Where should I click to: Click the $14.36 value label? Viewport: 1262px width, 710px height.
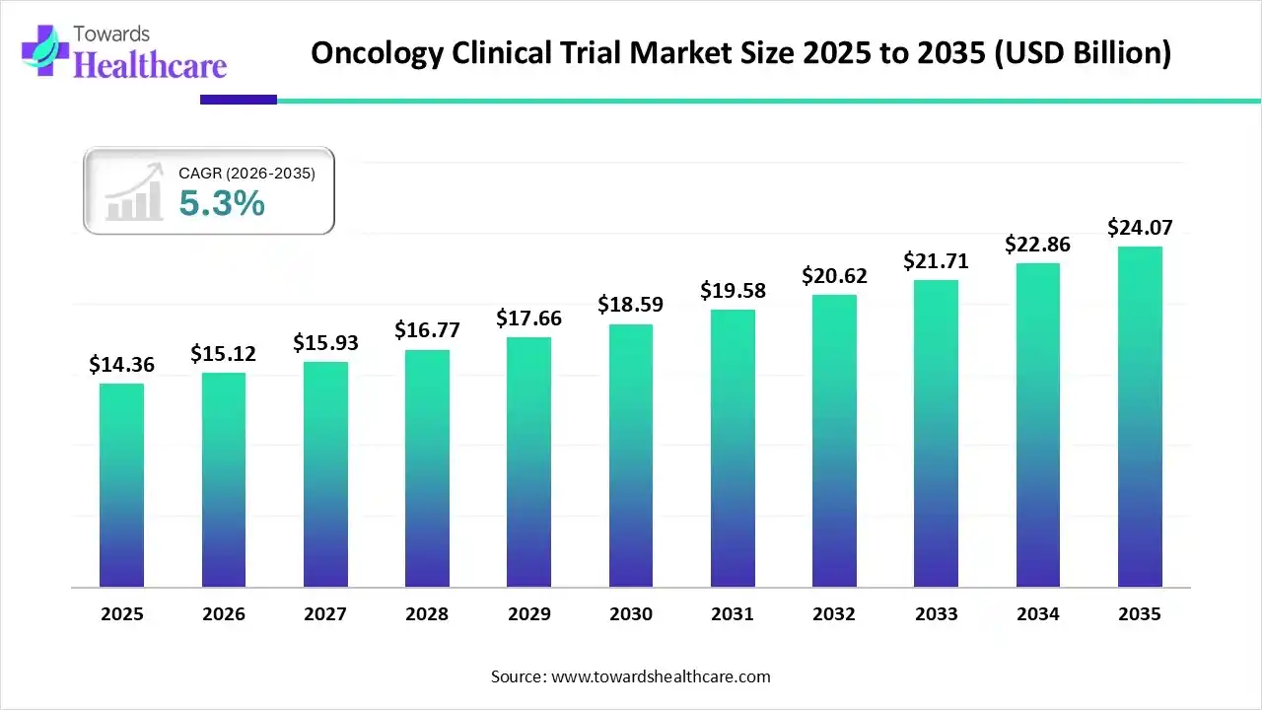click(x=121, y=365)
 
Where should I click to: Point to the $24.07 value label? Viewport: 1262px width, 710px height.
click(x=1140, y=228)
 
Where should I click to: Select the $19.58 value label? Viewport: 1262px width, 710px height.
click(x=733, y=291)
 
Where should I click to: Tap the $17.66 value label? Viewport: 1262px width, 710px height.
click(x=528, y=319)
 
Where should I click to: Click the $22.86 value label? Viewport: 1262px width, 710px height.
click(x=1037, y=245)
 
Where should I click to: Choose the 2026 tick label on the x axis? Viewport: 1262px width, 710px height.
click(x=224, y=614)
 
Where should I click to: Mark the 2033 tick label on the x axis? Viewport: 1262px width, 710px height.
click(x=936, y=614)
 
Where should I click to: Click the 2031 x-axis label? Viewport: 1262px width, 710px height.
click(x=733, y=614)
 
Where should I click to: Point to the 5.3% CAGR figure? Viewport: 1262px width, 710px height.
click(x=222, y=203)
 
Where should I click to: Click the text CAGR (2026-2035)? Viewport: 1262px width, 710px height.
click(x=246, y=174)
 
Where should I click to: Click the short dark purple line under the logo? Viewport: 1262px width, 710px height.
click(x=238, y=100)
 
